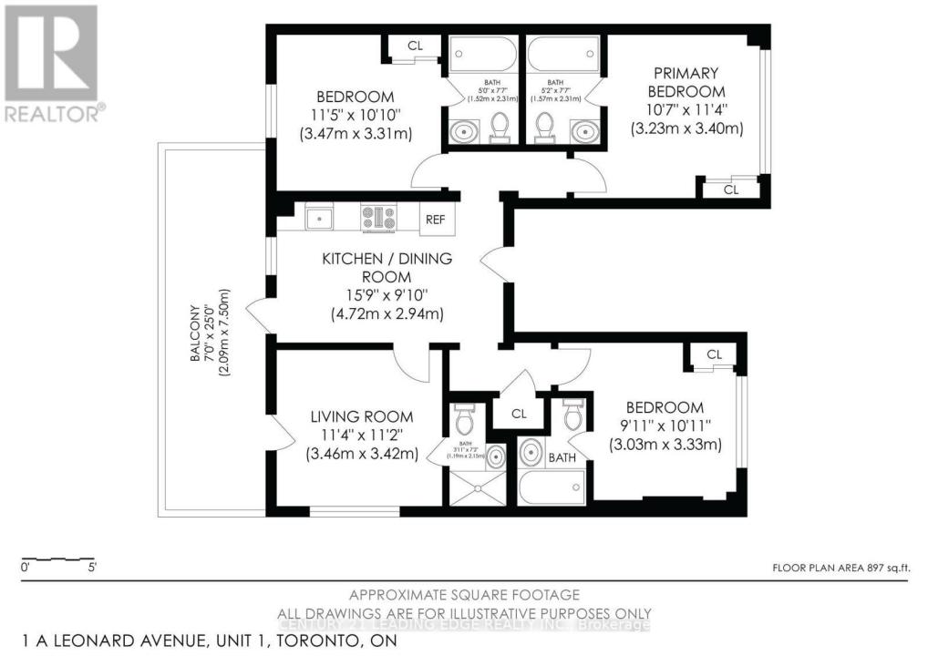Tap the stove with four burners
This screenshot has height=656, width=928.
tap(378, 217)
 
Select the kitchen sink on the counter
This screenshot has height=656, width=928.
tap(320, 217)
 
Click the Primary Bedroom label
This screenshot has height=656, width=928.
tap(686, 82)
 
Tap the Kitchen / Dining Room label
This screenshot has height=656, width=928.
tap(387, 267)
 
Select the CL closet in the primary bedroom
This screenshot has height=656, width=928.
tap(730, 190)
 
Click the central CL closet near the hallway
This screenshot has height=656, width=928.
tap(519, 414)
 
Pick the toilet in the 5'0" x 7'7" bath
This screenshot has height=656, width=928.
tap(499, 128)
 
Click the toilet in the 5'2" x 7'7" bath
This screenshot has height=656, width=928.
tap(545, 128)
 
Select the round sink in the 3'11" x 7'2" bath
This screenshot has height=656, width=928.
tap(494, 457)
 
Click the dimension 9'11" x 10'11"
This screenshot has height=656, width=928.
tap(665, 426)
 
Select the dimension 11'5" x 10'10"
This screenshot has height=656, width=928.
tap(355, 116)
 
